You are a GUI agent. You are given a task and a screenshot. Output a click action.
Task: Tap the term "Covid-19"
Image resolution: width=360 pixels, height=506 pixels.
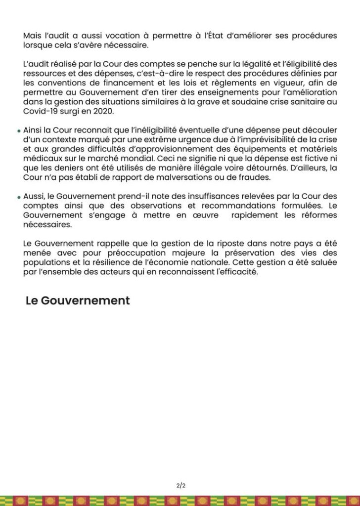pos(40,112)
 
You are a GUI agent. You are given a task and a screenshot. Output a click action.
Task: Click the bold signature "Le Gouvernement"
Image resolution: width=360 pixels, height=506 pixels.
pos(78,301)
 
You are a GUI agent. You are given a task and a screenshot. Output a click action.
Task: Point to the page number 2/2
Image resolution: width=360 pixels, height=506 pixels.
pos(180,485)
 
